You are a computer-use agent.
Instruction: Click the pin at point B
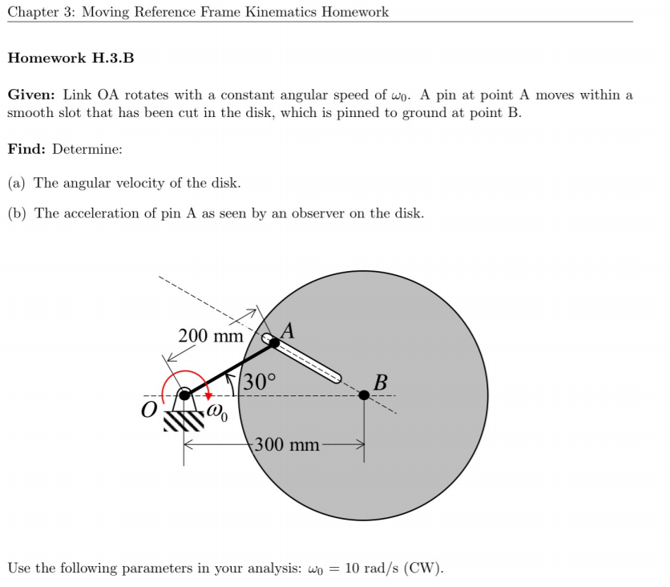point(365,395)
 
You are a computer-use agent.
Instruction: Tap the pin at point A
point(274,343)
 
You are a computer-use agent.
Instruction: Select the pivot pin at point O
point(184,395)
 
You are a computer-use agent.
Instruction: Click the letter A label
point(289,329)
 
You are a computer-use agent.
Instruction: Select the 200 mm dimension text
point(210,336)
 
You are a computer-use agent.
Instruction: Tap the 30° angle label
point(259,382)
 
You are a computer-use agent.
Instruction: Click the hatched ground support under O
point(184,419)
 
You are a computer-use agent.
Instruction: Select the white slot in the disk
point(309,361)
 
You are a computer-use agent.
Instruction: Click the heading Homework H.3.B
point(71,59)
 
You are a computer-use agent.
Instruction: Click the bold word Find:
point(26,148)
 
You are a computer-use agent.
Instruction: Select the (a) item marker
point(17,183)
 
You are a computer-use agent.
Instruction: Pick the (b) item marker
point(17,213)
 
